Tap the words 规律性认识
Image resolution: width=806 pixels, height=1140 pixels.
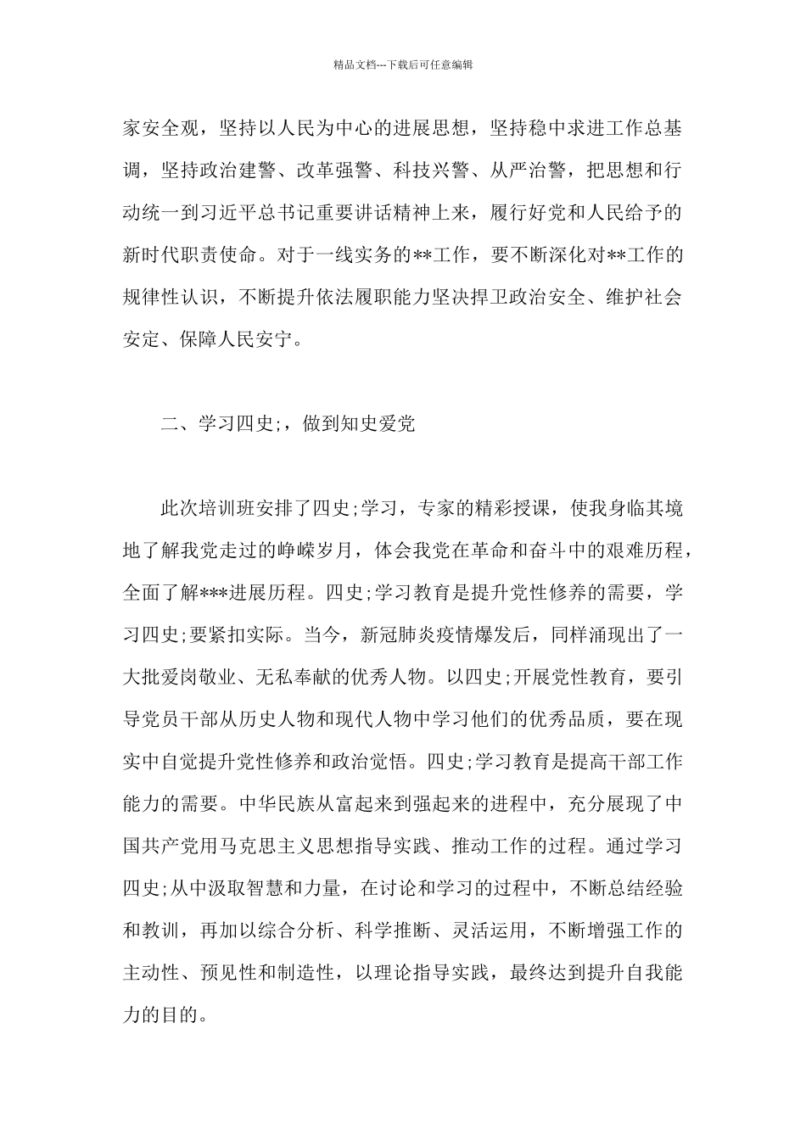pyautogui.click(x=170, y=297)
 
